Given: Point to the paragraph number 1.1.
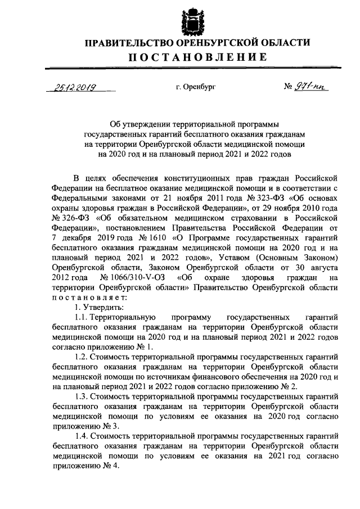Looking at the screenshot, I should [82, 318].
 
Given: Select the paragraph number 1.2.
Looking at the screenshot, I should [82, 357].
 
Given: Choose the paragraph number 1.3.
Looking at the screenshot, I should [82, 397].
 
